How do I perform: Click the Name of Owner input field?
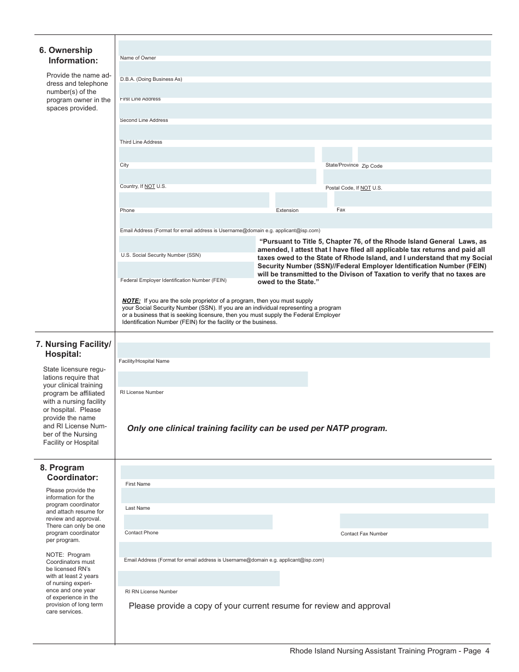tap(304, 48)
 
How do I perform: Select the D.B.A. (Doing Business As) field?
tap(304, 69)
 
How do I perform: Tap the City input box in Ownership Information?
tap(217, 155)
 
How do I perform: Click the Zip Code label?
tap(372, 166)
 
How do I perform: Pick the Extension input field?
tap(300, 199)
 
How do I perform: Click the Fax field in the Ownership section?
tap(412, 199)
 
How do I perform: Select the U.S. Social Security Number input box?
tap(187, 244)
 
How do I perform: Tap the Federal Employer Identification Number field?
tap(186, 270)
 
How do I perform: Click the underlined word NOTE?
tap(131, 300)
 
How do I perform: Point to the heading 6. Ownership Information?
tap(68, 55)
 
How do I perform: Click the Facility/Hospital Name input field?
tap(304, 350)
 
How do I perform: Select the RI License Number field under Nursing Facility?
tap(213, 379)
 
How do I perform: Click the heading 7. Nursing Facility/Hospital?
tap(74, 349)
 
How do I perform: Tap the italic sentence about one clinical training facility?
tap(257, 428)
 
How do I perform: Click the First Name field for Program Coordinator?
tap(307, 472)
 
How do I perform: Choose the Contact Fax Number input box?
tap(414, 521)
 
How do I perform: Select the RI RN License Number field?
tap(199, 579)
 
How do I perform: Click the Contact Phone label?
tap(141, 533)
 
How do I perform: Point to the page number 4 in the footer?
tap(487, 651)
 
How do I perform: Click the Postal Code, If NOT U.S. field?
tap(407, 176)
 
